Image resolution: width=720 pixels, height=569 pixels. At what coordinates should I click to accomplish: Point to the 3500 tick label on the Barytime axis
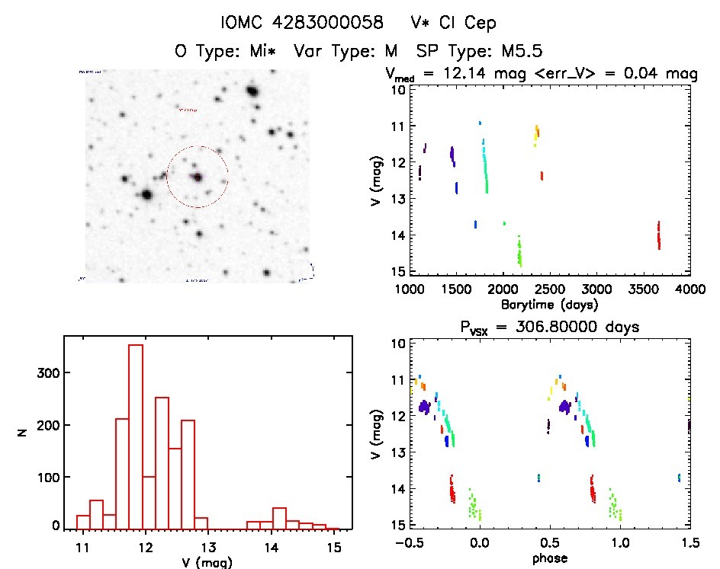tap(643, 289)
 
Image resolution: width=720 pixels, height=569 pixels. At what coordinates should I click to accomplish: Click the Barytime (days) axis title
tap(549, 304)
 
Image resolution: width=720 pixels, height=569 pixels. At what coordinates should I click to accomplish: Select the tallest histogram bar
tap(136, 434)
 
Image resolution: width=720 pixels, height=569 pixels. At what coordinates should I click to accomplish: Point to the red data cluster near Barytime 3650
tap(658, 235)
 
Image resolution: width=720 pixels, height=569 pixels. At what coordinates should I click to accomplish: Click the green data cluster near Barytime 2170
tap(519, 251)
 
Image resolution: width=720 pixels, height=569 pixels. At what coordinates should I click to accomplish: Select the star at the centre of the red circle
tap(198, 177)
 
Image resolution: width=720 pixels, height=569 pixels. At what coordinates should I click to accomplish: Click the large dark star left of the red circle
tap(146, 195)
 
